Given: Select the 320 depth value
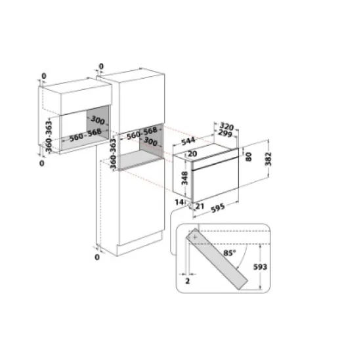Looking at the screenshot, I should click(x=226, y=124).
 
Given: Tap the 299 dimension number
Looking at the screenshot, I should click(x=226, y=133).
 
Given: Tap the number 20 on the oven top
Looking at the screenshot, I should click(x=192, y=154).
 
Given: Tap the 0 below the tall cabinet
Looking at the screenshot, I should click(x=96, y=257).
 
